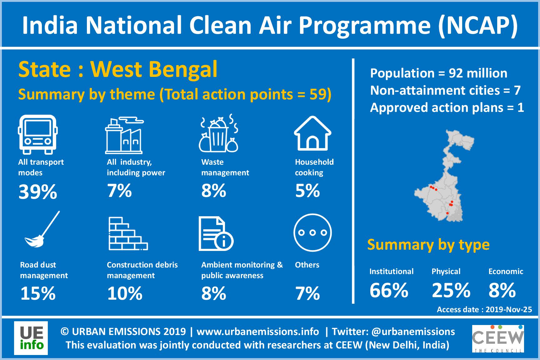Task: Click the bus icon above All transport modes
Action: click(38, 134)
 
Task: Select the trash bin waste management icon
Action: click(219, 133)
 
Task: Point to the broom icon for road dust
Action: click(42, 229)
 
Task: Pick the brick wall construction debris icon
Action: click(128, 233)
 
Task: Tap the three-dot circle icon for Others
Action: click(312, 232)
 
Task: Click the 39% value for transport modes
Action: click(38, 192)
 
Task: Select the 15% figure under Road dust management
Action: click(38, 293)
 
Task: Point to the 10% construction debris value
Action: click(125, 293)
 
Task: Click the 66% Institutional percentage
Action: click(389, 290)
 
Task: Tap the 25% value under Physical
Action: click(451, 290)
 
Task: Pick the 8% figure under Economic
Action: click(502, 290)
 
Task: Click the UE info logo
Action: click(31, 338)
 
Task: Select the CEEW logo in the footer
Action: click(498, 339)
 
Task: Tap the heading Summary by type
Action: click(428, 245)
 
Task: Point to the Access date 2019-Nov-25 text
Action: click(484, 310)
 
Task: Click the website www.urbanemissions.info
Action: click(258, 332)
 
